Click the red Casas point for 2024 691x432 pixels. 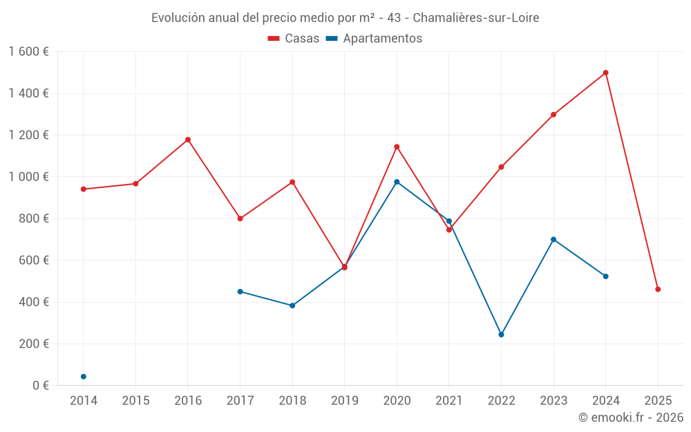(606, 73)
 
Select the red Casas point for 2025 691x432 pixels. (658, 290)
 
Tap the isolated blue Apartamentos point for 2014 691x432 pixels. (84, 377)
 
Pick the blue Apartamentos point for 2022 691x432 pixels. (501, 335)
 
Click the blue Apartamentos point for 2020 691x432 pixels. (397, 182)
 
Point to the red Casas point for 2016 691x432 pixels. (188, 140)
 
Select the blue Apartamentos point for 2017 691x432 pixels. (240, 292)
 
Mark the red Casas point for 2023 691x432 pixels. (553, 115)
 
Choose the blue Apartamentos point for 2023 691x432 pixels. (553, 239)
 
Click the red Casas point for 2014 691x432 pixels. (84, 189)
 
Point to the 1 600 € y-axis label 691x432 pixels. (29, 52)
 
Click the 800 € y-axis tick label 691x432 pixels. (33, 218)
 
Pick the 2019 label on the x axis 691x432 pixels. (344, 401)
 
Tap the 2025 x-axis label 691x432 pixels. (658, 401)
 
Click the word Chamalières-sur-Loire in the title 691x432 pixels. (475, 18)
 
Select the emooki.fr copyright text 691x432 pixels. (631, 417)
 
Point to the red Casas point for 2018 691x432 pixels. (292, 182)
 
